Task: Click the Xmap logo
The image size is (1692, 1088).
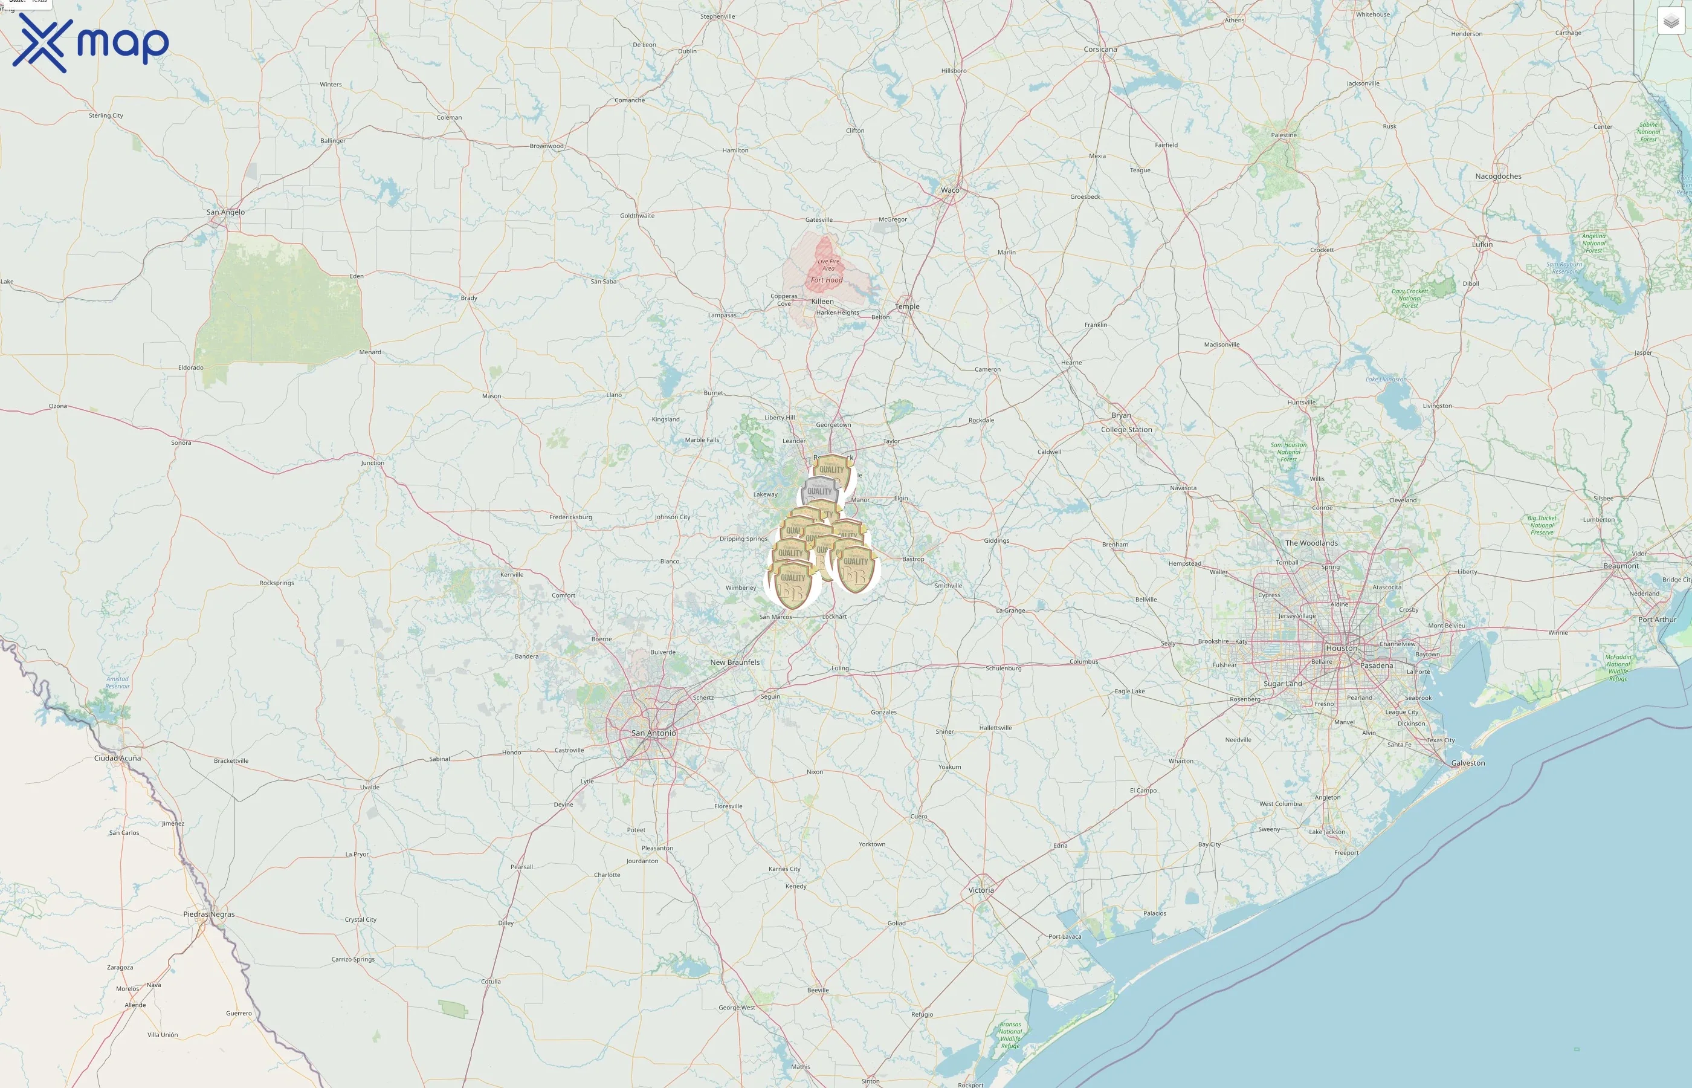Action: click(91, 44)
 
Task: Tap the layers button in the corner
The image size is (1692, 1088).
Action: click(1671, 21)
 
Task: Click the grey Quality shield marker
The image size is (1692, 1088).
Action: click(819, 491)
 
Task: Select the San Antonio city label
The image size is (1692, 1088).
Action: click(653, 733)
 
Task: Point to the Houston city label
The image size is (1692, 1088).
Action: click(1341, 648)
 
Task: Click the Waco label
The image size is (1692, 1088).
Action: click(950, 190)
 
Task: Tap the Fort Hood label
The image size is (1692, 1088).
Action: click(826, 280)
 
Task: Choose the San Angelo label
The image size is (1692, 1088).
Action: click(225, 212)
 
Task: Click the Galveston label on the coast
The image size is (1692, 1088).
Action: click(1467, 763)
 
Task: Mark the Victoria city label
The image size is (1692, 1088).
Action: click(981, 890)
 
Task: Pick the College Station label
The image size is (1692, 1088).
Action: click(1126, 430)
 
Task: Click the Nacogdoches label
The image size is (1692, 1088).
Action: click(1498, 176)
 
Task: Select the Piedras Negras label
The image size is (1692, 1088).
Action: click(208, 914)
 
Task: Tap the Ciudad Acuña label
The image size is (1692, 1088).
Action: click(117, 758)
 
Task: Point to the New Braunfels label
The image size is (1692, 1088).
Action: click(734, 662)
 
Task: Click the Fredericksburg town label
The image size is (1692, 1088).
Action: click(570, 517)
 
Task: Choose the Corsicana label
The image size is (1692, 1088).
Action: click(1100, 50)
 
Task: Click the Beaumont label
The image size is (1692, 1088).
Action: click(1621, 566)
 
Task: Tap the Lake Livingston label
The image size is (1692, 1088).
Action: click(1386, 380)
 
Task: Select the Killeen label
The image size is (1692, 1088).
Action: click(822, 302)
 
